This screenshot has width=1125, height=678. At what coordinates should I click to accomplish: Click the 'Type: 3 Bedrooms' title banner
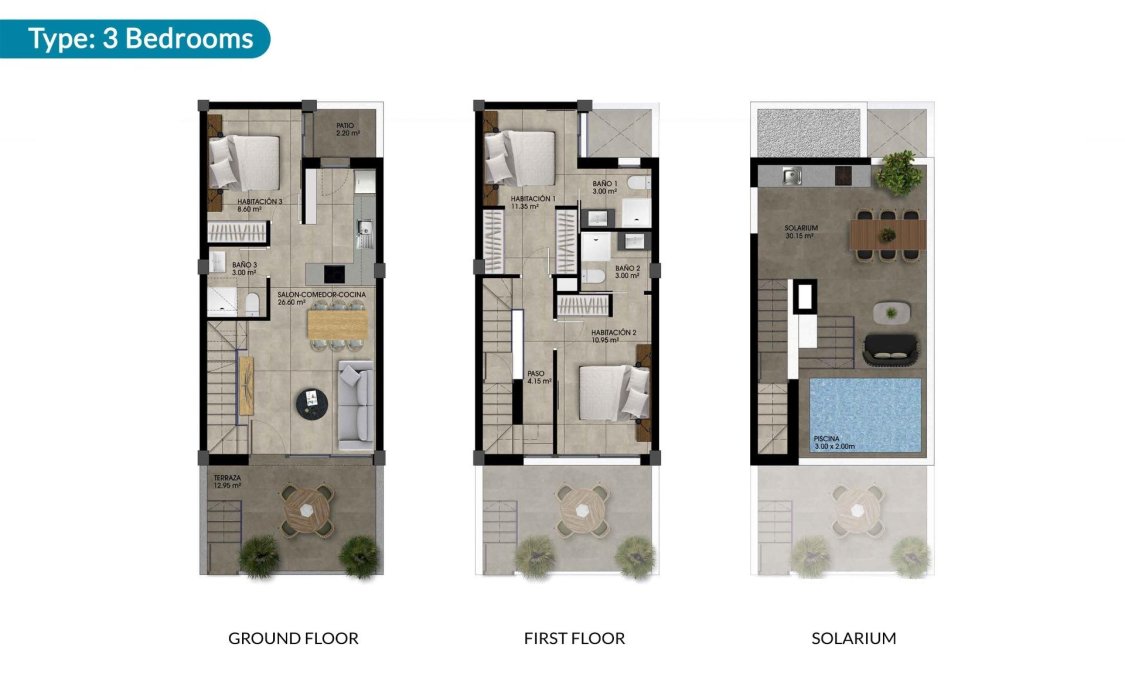[140, 39]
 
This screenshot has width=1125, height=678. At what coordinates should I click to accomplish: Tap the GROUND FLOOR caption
[293, 638]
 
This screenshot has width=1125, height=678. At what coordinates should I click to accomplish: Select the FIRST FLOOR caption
[574, 638]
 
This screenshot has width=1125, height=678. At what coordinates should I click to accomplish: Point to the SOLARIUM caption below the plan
[853, 638]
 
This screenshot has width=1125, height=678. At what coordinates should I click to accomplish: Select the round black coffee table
[313, 402]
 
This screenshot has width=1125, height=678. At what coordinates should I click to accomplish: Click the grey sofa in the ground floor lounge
[355, 405]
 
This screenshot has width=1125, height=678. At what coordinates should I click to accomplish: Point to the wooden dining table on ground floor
[337, 324]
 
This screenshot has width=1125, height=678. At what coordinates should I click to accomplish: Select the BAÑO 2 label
[627, 271]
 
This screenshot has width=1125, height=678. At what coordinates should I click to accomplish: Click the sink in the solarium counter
[791, 177]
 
